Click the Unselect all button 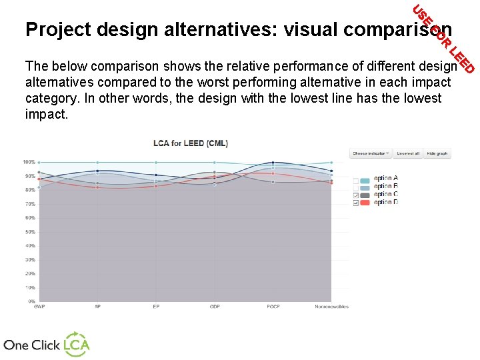(x=408, y=153)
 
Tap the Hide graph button (x=437, y=153)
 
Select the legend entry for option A (x=385, y=179)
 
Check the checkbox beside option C (x=356, y=195)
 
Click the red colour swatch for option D (x=365, y=203)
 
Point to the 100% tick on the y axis (x=29, y=162)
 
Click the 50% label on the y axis (x=30, y=232)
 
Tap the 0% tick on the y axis (x=31, y=301)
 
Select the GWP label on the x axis (x=39, y=307)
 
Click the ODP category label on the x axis (x=214, y=307)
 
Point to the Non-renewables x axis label (x=331, y=307)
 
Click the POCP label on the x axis (x=273, y=307)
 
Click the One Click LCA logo (x=46, y=344)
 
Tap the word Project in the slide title (x=58, y=30)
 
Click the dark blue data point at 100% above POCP (x=273, y=162)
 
